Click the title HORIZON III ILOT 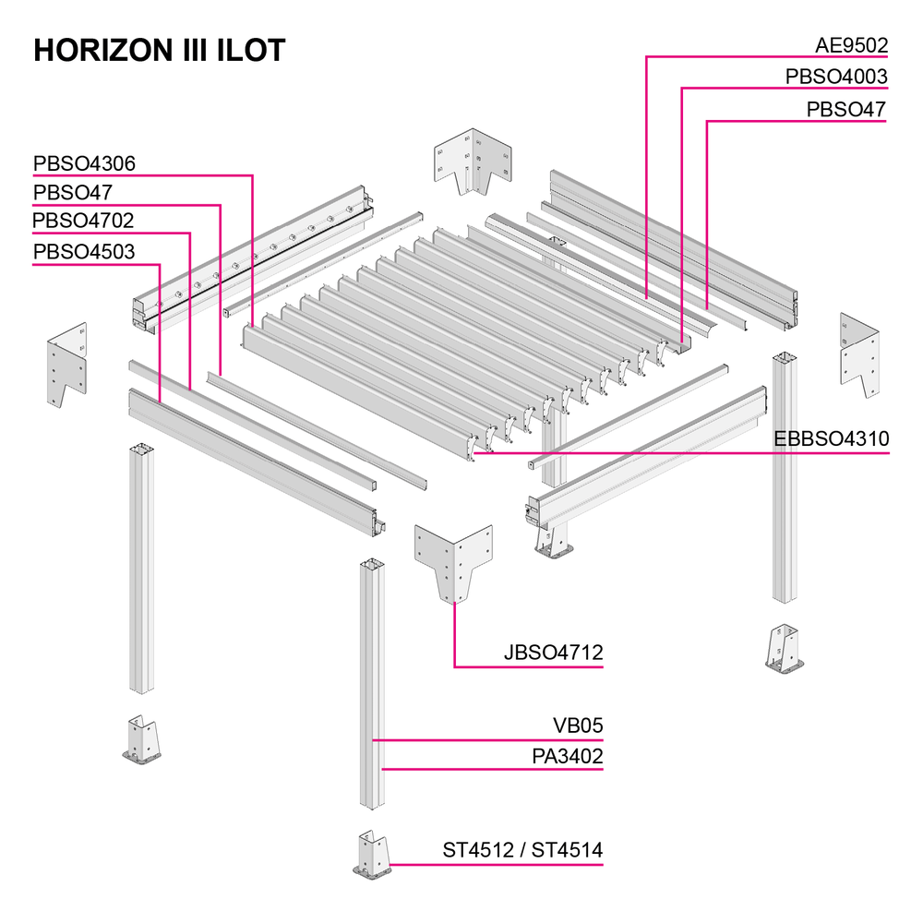(x=160, y=50)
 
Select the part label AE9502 (x=851, y=45)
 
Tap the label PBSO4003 (x=836, y=77)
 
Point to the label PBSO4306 (x=84, y=163)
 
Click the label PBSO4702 (x=83, y=221)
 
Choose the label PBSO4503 (x=84, y=252)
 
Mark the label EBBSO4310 (x=832, y=439)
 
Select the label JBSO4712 (x=553, y=653)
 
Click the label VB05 (x=578, y=725)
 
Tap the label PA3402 (x=568, y=757)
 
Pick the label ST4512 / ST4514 (x=522, y=851)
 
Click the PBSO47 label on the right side (x=845, y=110)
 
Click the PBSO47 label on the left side (x=72, y=193)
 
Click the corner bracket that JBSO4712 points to (x=454, y=562)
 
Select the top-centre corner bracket (x=473, y=160)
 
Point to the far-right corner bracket (x=859, y=355)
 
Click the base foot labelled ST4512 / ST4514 (x=372, y=856)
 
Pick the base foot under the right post (x=785, y=649)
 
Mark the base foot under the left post (x=141, y=740)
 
